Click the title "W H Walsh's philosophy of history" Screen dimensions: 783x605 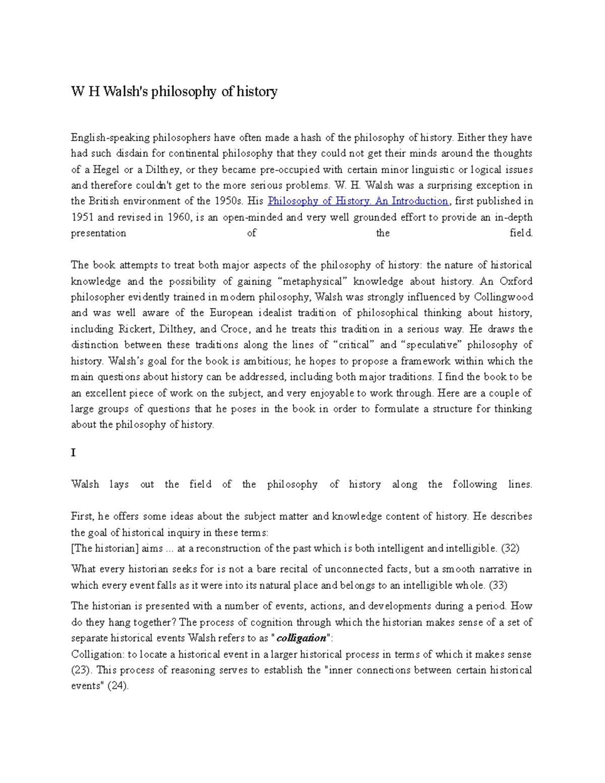coord(174,91)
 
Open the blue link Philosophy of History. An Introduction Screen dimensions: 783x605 coord(358,201)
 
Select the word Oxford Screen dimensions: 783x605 coord(516,281)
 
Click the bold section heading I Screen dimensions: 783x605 coord(73,453)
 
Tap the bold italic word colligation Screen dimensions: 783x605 coord(301,638)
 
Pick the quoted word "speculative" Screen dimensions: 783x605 coord(430,345)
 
